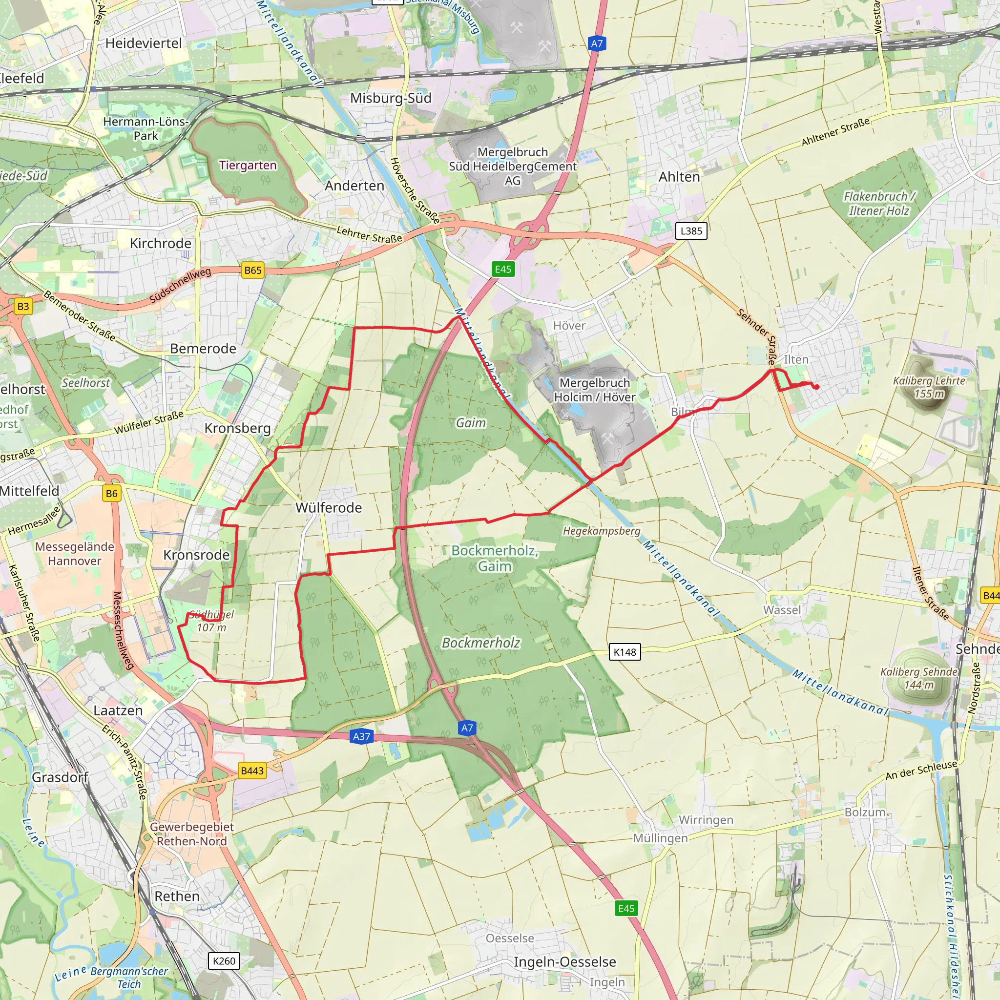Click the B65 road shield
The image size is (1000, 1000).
(252, 270)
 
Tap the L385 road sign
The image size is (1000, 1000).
(691, 231)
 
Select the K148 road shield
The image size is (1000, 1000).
(625, 652)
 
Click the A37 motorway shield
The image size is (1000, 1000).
(361, 736)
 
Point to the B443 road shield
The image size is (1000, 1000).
(252, 771)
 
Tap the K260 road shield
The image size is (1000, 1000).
(224, 961)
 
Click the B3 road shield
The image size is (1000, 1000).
(23, 307)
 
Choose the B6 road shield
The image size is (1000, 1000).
(112, 493)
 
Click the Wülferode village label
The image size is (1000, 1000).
(329, 508)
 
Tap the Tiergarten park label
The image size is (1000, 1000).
(248, 165)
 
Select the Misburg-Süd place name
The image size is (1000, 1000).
(391, 98)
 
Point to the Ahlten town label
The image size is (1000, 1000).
(679, 177)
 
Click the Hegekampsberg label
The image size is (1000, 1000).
(602, 531)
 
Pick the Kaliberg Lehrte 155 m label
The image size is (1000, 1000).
(929, 387)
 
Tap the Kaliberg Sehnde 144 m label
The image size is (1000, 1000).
(919, 678)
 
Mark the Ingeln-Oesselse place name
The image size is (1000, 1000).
(565, 962)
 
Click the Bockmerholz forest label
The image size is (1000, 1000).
(481, 643)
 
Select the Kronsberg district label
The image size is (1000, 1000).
(238, 428)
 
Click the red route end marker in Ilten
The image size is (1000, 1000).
(817, 387)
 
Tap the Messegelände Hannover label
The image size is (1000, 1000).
(75, 553)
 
